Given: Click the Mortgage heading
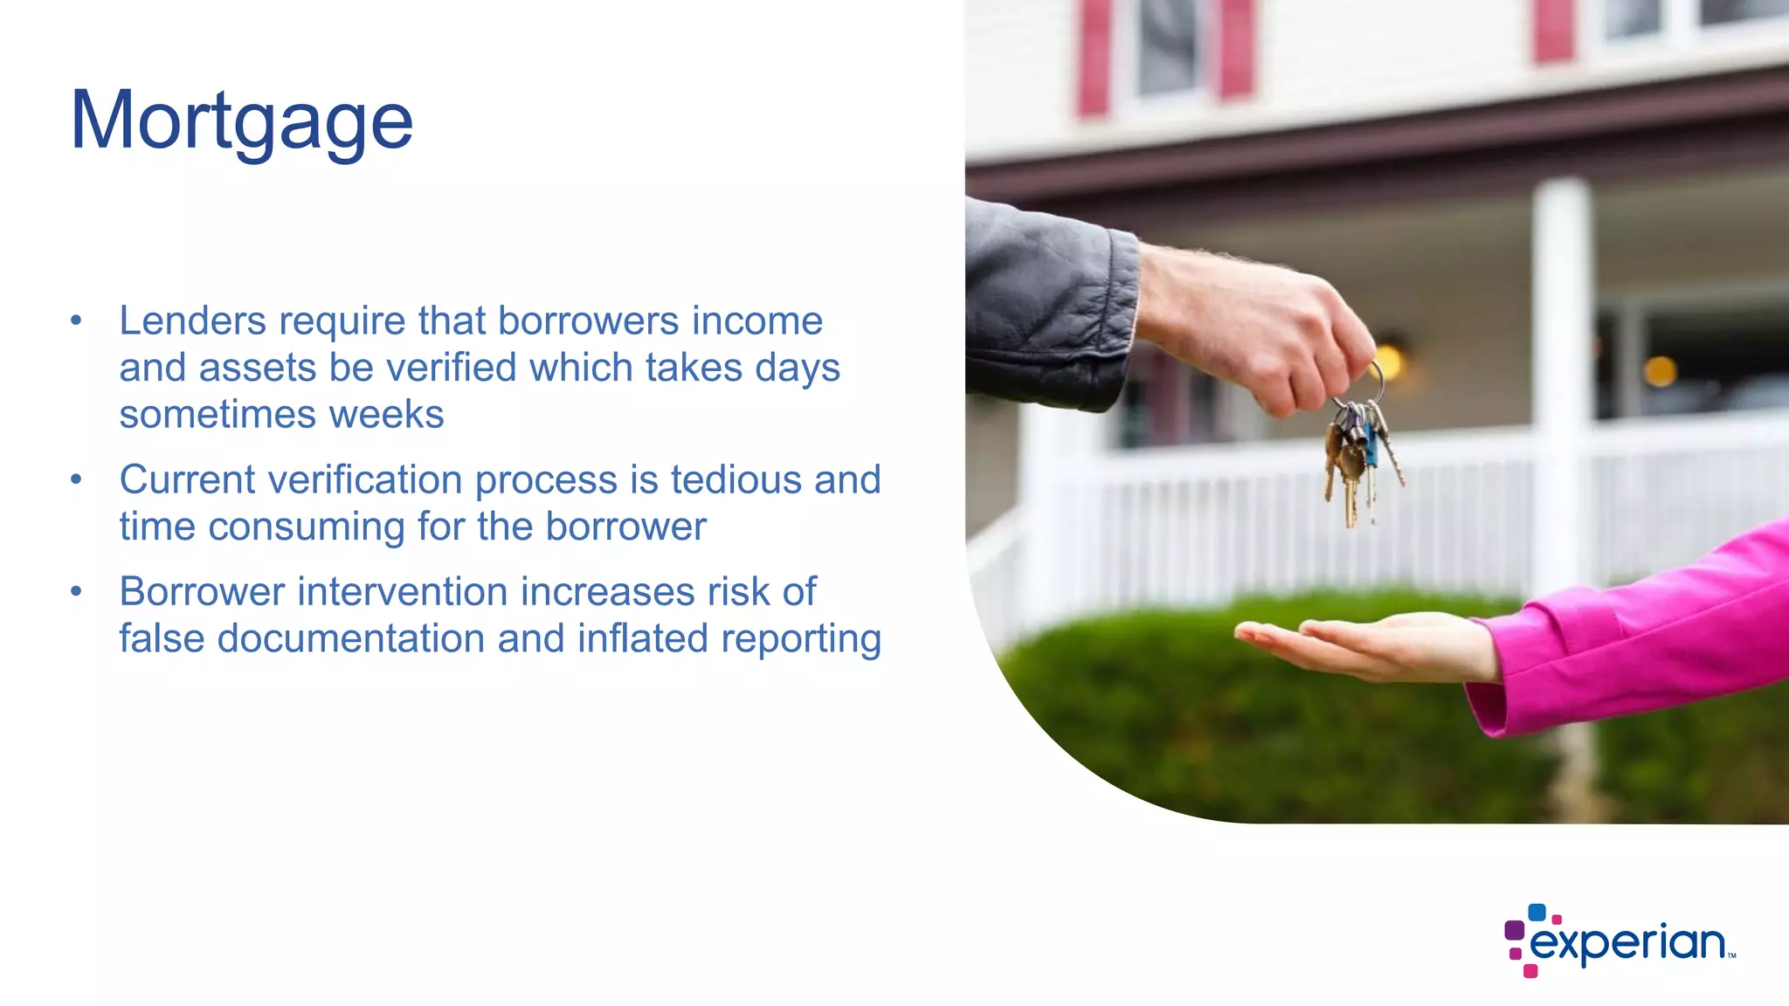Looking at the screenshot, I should [241, 121].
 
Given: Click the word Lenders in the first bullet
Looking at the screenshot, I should [192, 321].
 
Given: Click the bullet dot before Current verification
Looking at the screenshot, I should [77, 480].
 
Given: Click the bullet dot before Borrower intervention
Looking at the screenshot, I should [77, 592].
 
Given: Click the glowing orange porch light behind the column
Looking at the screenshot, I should [1660, 371].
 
